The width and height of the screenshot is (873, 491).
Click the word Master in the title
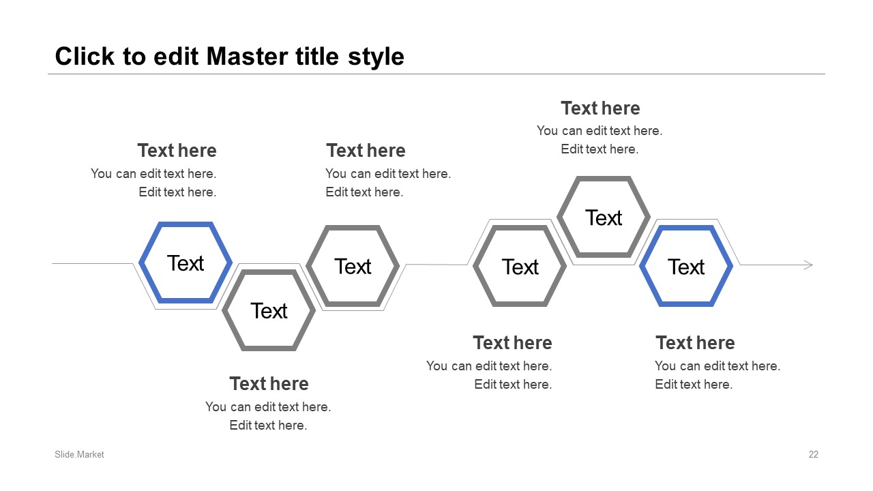tap(247, 57)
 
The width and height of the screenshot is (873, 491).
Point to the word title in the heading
tap(317, 57)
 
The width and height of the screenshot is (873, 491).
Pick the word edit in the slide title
tap(176, 57)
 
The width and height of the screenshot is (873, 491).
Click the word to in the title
tap(134, 57)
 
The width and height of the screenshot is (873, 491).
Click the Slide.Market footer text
tap(79, 454)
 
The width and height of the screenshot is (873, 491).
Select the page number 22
tap(814, 454)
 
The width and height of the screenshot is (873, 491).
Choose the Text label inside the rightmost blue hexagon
tap(686, 267)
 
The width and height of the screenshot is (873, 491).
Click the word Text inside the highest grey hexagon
tap(604, 218)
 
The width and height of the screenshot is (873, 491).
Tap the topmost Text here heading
tap(600, 108)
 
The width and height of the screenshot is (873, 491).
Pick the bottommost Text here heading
tap(269, 384)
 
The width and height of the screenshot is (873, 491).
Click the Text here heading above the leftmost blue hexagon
tap(177, 151)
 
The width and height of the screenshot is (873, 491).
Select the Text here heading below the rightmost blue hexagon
tap(695, 343)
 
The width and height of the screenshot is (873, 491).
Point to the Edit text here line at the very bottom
tap(268, 425)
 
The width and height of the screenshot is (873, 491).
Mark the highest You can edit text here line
tap(600, 130)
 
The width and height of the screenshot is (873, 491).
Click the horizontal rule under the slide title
tap(436, 74)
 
